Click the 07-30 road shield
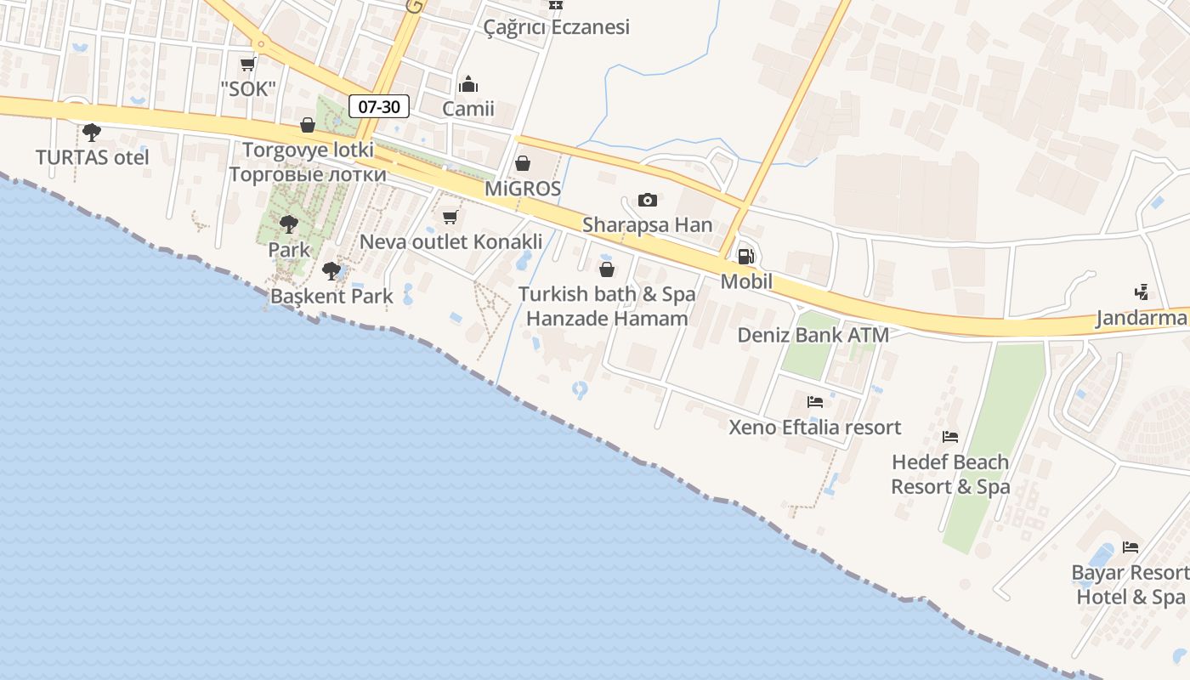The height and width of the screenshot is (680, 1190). [379, 106]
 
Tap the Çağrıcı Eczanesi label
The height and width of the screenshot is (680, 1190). [557, 27]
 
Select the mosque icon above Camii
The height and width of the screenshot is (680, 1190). [468, 84]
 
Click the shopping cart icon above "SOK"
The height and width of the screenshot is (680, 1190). [248, 64]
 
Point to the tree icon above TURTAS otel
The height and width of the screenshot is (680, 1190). [91, 133]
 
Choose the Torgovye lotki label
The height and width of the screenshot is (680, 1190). [308, 150]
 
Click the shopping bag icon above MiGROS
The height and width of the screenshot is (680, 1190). [523, 163]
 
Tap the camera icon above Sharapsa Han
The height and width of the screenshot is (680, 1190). [648, 200]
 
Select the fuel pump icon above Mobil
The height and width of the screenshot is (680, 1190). [745, 256]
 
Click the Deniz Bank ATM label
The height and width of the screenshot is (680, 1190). [813, 335]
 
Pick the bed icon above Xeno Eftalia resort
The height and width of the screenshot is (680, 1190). [815, 401]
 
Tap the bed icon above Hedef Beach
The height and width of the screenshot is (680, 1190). [950, 437]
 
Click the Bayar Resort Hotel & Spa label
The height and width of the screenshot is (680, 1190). [1130, 585]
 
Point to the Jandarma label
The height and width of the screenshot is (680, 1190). [1141, 319]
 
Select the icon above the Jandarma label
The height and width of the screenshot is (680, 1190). [1142, 292]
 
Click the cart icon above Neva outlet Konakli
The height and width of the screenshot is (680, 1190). [450, 217]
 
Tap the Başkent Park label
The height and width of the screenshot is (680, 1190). [331, 297]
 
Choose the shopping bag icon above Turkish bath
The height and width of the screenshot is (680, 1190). [607, 270]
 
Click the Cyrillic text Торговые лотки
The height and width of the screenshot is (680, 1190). [308, 175]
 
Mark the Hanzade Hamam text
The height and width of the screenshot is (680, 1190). [607, 320]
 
